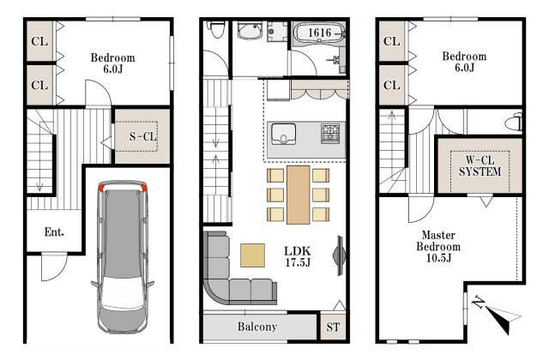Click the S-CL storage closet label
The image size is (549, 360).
point(143,136)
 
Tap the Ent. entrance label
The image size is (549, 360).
point(54,231)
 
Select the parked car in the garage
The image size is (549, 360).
point(123,256)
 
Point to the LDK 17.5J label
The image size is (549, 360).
point(298,256)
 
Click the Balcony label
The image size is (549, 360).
point(257,327)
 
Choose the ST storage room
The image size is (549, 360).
point(333,327)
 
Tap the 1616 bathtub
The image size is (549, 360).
point(319,33)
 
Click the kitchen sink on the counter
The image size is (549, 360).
point(283,134)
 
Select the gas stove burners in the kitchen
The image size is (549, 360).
point(330,134)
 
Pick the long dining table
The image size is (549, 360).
point(299,195)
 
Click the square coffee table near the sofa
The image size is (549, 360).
point(252,255)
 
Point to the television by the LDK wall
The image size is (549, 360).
point(340,255)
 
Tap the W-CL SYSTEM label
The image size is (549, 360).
point(480,165)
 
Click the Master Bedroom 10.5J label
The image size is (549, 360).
point(438,246)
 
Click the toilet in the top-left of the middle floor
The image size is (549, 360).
point(217,29)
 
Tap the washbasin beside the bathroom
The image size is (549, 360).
point(250,30)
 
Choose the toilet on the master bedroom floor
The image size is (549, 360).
point(514,122)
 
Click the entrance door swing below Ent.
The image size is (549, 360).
point(53,267)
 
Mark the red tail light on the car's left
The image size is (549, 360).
point(101,188)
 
